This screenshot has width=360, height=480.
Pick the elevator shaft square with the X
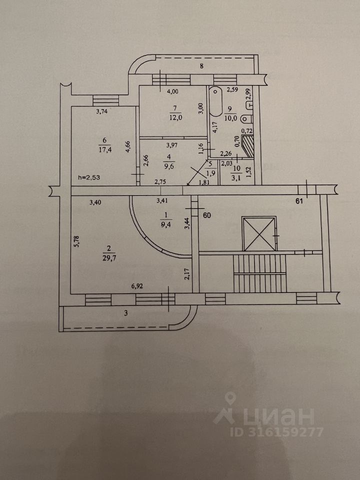(x=258, y=233)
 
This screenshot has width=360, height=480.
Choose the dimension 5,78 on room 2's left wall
(x=77, y=242)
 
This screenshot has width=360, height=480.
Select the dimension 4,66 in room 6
(x=128, y=147)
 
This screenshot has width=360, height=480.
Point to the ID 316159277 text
(x=276, y=431)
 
